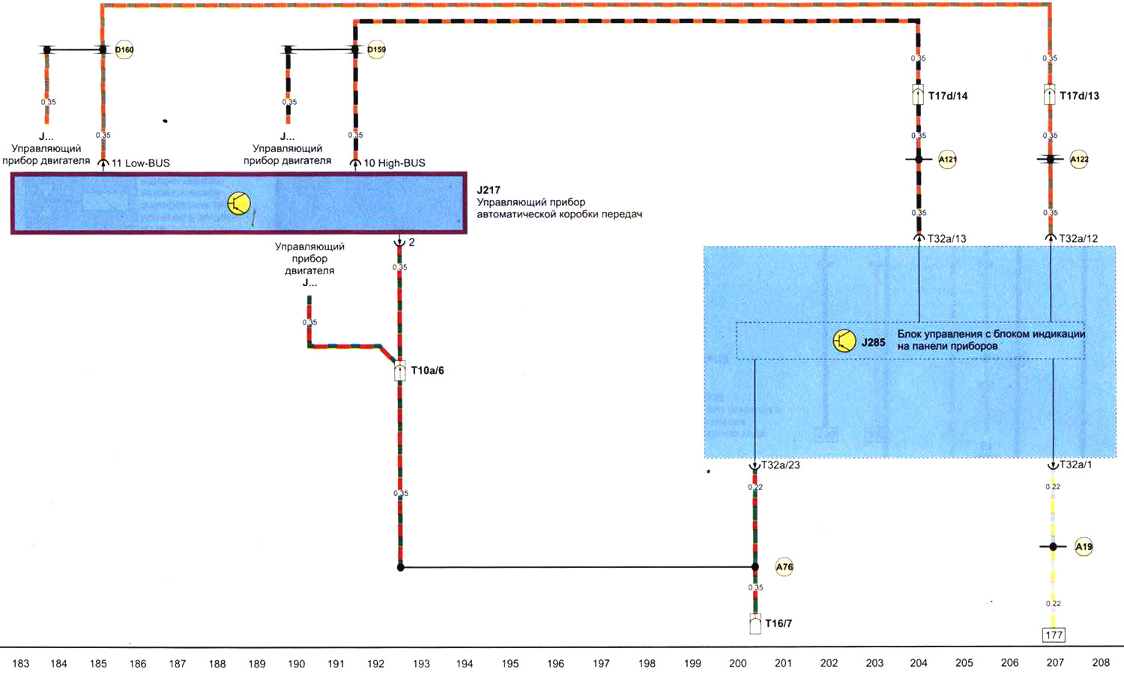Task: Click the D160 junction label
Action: click(x=124, y=50)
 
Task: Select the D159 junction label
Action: click(x=376, y=50)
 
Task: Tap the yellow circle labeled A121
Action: click(x=947, y=160)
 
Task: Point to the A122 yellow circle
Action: click(x=1079, y=160)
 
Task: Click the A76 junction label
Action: click(x=784, y=567)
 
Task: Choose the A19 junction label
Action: click(x=1084, y=547)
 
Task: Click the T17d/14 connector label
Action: click(x=948, y=96)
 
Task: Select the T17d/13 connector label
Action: click(x=1079, y=96)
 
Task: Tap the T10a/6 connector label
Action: click(x=427, y=371)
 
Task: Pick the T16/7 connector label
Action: click(x=779, y=623)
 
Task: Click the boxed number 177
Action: click(x=1054, y=635)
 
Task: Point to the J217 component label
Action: click(x=489, y=190)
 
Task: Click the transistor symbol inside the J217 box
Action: click(x=239, y=203)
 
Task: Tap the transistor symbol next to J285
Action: click(x=844, y=342)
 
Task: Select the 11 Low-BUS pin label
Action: click(x=140, y=163)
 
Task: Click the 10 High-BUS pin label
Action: click(x=394, y=163)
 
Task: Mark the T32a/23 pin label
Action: click(x=780, y=465)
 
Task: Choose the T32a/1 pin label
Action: click(x=1075, y=465)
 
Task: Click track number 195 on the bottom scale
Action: click(x=510, y=663)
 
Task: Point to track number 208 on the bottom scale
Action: click(x=1101, y=663)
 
